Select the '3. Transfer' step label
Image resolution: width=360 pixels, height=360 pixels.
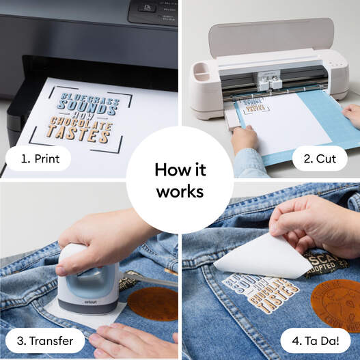(x=46, y=340)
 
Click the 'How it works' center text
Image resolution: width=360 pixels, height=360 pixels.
(x=180, y=180)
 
